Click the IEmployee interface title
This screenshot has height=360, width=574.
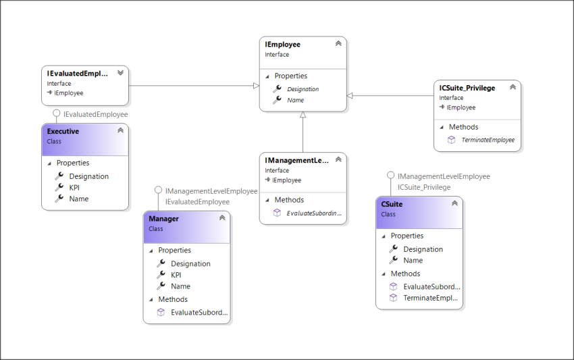point(283,45)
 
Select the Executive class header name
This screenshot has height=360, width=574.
point(63,132)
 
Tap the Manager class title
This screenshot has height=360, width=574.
point(163,219)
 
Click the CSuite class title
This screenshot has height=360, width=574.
point(392,204)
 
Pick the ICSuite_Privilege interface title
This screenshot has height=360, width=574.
point(467,88)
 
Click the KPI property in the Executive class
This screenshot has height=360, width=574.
point(74,188)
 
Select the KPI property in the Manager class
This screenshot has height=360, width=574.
point(176,275)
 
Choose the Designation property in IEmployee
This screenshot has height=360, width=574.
point(303,89)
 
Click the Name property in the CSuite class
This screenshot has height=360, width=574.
point(413,260)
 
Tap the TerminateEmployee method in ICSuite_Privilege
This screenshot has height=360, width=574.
point(488,140)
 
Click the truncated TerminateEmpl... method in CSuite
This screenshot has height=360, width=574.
point(430,298)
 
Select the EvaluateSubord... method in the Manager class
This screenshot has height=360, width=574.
point(199,313)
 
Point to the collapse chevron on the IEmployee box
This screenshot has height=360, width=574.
point(338,44)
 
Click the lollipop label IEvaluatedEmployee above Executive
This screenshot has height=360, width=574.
point(95,114)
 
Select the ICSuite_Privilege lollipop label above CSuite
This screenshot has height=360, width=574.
point(424,187)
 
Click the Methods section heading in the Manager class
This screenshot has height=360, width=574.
point(173,299)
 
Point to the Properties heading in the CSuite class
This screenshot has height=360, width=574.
point(407,236)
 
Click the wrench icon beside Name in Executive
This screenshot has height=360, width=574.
point(59,199)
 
